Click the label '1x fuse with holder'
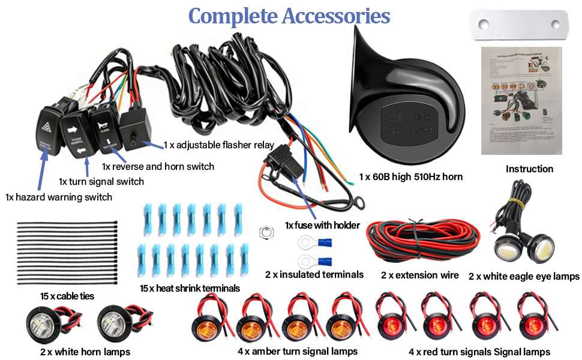[322, 226]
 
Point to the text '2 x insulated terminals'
[314, 275]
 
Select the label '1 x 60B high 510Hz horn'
[411, 177]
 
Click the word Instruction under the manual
[529, 169]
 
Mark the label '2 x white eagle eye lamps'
[524, 277]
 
